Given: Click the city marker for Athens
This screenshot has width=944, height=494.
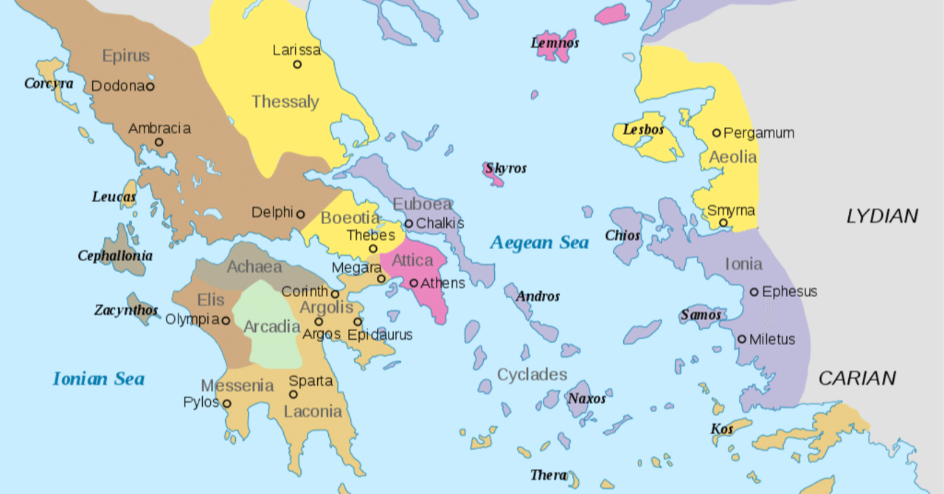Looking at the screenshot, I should [414, 283].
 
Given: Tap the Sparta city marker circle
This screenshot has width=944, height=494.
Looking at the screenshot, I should [294, 394].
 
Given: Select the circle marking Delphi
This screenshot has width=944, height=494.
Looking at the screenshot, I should [300, 215].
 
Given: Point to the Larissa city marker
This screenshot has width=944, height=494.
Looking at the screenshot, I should [297, 64].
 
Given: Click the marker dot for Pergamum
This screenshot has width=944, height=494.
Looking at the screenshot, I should [716, 133].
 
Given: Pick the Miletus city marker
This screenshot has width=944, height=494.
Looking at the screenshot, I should [742, 339].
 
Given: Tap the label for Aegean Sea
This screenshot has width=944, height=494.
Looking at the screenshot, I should [539, 243].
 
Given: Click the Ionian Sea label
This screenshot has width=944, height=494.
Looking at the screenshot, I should [98, 379].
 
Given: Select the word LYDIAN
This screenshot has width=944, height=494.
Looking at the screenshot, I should [882, 216].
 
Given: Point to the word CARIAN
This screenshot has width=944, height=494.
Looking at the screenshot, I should [857, 378].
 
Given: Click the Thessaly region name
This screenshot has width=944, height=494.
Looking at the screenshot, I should [285, 102].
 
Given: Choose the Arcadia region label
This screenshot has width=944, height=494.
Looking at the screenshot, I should [271, 326].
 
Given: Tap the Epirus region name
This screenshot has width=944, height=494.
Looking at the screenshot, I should [126, 56].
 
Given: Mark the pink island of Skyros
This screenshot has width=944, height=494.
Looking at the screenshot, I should [492, 174].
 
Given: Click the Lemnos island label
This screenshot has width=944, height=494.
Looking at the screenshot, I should [555, 43].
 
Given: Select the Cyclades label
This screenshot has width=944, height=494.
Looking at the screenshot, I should [532, 375].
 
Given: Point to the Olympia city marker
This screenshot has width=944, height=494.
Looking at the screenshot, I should [226, 321].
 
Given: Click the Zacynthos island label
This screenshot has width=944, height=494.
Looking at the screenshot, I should [125, 310].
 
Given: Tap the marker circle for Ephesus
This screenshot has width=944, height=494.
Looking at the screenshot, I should [754, 292].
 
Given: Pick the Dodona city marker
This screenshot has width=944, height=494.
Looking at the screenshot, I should [150, 86].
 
